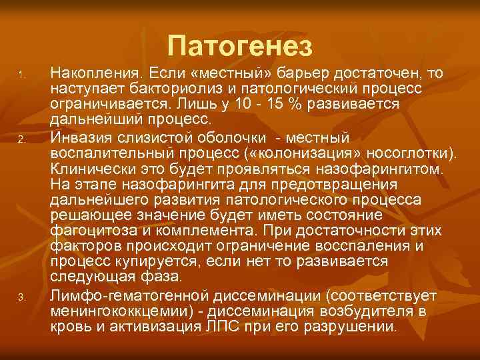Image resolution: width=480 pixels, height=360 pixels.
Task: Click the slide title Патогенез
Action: click(240, 45)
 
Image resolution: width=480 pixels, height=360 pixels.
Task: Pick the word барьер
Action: click(325, 71)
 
